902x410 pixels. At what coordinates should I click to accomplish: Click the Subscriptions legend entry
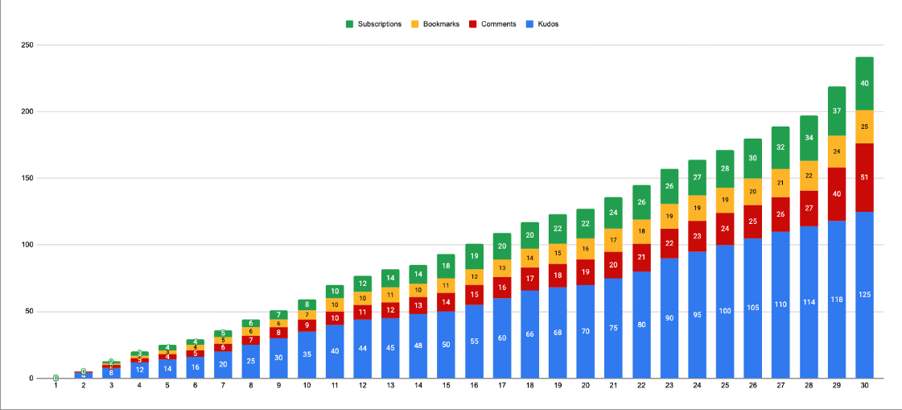tap(379, 24)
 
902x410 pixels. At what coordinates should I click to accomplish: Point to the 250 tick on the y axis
tap(27, 45)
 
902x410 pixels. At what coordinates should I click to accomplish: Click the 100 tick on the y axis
tap(27, 245)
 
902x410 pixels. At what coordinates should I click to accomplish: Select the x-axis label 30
tap(864, 387)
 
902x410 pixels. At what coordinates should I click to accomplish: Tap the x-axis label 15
tap(446, 387)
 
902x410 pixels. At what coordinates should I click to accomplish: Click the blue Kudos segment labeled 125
tap(864, 295)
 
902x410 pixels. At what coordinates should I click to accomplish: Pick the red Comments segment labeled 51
tap(864, 177)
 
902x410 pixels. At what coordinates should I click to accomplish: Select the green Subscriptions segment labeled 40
tap(864, 84)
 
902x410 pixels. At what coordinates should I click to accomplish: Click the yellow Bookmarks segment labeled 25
tap(864, 126)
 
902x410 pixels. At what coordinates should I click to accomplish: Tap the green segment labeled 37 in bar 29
tap(837, 111)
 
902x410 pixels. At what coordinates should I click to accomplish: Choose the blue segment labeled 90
tap(669, 318)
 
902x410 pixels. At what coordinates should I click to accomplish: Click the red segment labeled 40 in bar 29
tap(837, 194)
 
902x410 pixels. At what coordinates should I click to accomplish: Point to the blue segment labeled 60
tap(502, 338)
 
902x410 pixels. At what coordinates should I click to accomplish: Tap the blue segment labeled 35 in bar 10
tap(307, 354)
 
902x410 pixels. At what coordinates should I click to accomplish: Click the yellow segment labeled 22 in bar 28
tap(809, 176)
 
